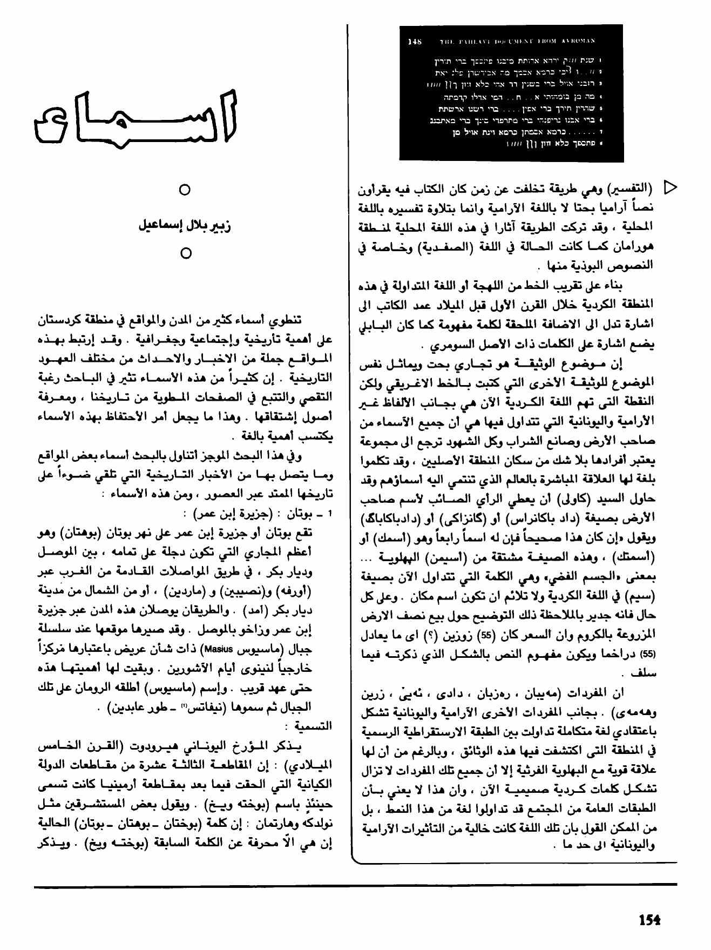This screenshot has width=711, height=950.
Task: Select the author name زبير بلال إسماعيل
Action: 185,226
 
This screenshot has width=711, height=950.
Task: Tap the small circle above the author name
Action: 185,190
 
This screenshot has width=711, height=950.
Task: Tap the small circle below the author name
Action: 185,253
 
